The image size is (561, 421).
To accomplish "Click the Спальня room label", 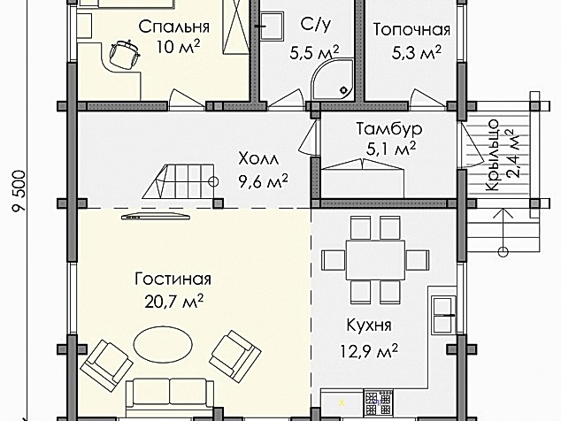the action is point(174,27).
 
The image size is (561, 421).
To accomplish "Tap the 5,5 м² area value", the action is point(314,53).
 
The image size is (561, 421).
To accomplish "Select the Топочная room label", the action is point(411,30).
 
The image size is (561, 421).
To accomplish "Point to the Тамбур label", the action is point(389,128).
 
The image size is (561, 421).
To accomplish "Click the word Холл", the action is point(258,158).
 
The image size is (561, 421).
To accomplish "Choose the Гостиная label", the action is point(173,279).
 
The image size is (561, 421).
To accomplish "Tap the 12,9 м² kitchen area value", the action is point(369,351).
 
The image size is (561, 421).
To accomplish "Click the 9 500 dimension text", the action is point(19,191).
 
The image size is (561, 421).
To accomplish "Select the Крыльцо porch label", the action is point(493,155).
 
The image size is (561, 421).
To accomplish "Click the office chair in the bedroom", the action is point(124,55).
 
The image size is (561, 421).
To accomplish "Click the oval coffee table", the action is point(163,344).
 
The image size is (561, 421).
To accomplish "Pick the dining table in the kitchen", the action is point(375,260).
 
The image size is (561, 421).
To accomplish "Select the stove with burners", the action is point(378,403).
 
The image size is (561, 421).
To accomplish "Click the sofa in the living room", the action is point(170,396).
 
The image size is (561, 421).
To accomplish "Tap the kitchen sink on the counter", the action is point(443,315).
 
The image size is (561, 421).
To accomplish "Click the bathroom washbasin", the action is point(272,26).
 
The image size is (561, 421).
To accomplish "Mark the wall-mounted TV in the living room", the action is point(156,216).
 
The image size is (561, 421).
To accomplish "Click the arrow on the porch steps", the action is point(503,231).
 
